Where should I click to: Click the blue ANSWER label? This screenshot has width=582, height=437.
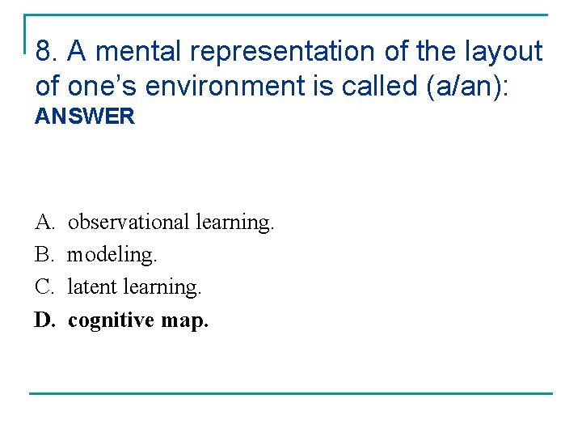[x=85, y=117]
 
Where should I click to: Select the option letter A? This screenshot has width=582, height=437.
[x=43, y=222]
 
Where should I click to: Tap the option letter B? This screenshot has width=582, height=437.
[x=43, y=255]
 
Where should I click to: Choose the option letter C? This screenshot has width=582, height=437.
[x=44, y=287]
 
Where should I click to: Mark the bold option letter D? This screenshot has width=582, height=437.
[x=44, y=320]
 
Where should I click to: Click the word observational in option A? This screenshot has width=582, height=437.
[x=129, y=222]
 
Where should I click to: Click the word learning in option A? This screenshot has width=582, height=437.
[x=234, y=222]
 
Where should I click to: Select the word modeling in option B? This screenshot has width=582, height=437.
[x=112, y=255]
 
